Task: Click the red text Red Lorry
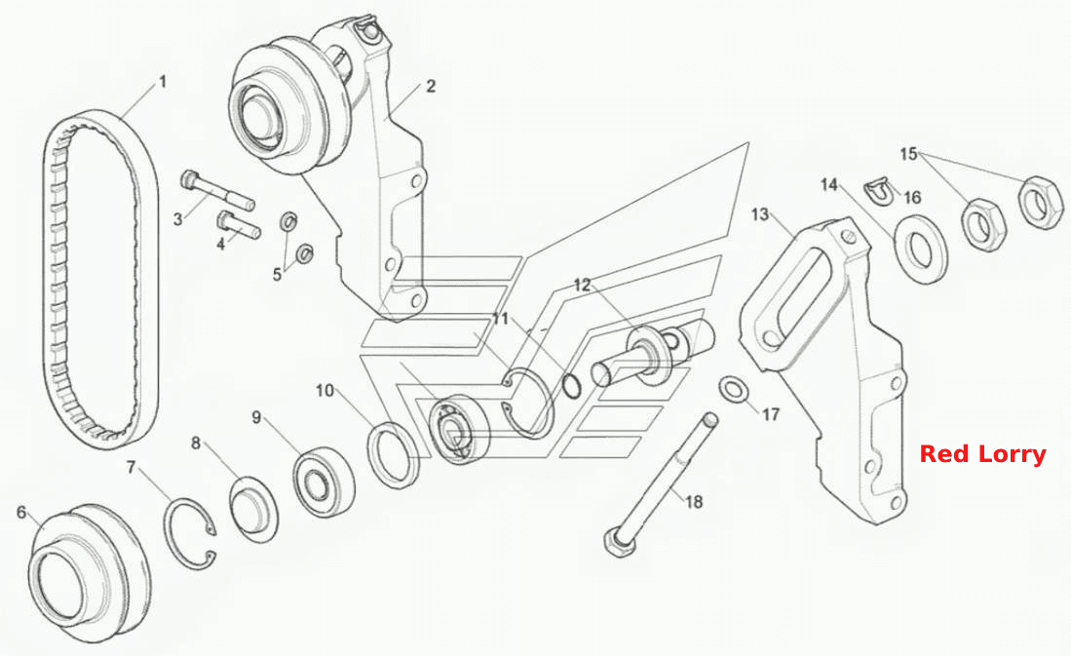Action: pos(982,454)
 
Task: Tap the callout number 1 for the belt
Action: pos(163,82)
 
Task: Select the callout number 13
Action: pos(760,214)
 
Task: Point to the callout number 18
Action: pos(693,502)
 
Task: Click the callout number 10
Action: pos(325,390)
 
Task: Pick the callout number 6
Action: pos(21,512)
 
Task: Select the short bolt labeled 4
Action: pos(238,225)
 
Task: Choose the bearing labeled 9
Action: pos(324,478)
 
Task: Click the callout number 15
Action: pos(908,154)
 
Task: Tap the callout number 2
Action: pos(431,86)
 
